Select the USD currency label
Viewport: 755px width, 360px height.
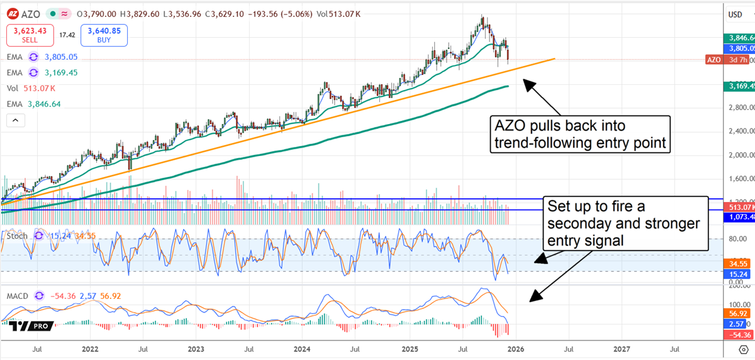point(735,14)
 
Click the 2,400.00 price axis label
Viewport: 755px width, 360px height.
point(737,132)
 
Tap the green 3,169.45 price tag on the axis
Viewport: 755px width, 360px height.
point(738,86)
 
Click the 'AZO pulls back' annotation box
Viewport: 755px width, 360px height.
point(579,134)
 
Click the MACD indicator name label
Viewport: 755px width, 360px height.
point(18,296)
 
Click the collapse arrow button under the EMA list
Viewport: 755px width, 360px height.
point(16,120)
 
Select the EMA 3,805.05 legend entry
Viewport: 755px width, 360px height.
point(42,57)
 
